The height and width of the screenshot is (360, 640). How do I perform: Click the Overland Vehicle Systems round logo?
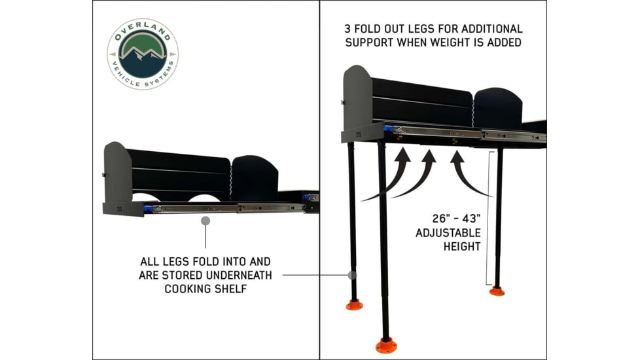coord(143,54)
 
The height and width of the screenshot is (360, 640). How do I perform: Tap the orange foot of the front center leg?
coord(386,344)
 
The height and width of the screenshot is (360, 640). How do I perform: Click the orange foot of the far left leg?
coord(354,304)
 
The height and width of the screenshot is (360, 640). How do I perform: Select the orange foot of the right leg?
coord(497,291)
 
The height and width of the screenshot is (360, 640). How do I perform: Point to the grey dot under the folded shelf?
coord(205,221)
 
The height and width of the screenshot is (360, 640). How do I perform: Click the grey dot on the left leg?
coord(353,275)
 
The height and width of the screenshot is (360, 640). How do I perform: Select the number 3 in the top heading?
coord(347,29)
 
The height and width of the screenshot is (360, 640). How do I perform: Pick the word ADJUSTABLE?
coord(448,232)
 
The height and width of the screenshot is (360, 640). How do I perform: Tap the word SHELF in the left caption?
coord(234,289)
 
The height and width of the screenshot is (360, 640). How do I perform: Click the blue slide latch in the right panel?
coord(389,129)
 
